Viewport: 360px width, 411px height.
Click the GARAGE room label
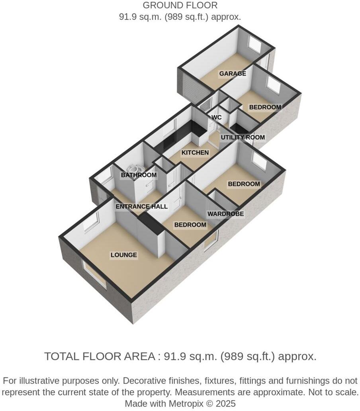point(232,74)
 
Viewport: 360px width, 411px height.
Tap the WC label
point(216,117)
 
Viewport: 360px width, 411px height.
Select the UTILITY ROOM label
point(243,137)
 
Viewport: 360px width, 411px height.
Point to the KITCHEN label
point(195,153)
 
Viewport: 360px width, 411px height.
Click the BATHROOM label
point(139,175)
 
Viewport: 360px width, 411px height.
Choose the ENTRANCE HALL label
point(141,207)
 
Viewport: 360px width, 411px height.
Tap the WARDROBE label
point(225,214)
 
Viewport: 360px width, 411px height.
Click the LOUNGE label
point(124,255)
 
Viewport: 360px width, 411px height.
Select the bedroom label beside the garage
point(265,107)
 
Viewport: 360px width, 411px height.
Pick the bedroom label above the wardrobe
point(244,184)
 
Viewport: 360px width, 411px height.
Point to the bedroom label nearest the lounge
point(190,225)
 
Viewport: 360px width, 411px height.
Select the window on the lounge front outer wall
point(94,274)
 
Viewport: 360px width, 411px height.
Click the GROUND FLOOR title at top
point(180,6)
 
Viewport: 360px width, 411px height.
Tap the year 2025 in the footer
point(226,403)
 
